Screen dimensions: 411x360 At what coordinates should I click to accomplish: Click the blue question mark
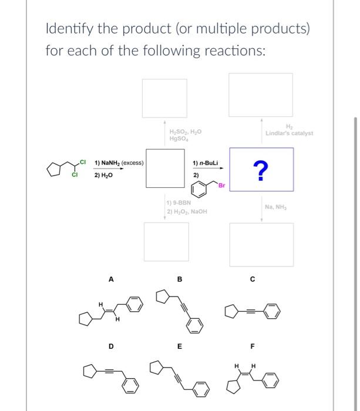pos(261,169)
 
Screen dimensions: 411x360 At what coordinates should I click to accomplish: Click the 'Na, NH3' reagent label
pos(276,206)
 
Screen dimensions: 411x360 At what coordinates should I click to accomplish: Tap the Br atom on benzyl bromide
pos(221,186)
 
